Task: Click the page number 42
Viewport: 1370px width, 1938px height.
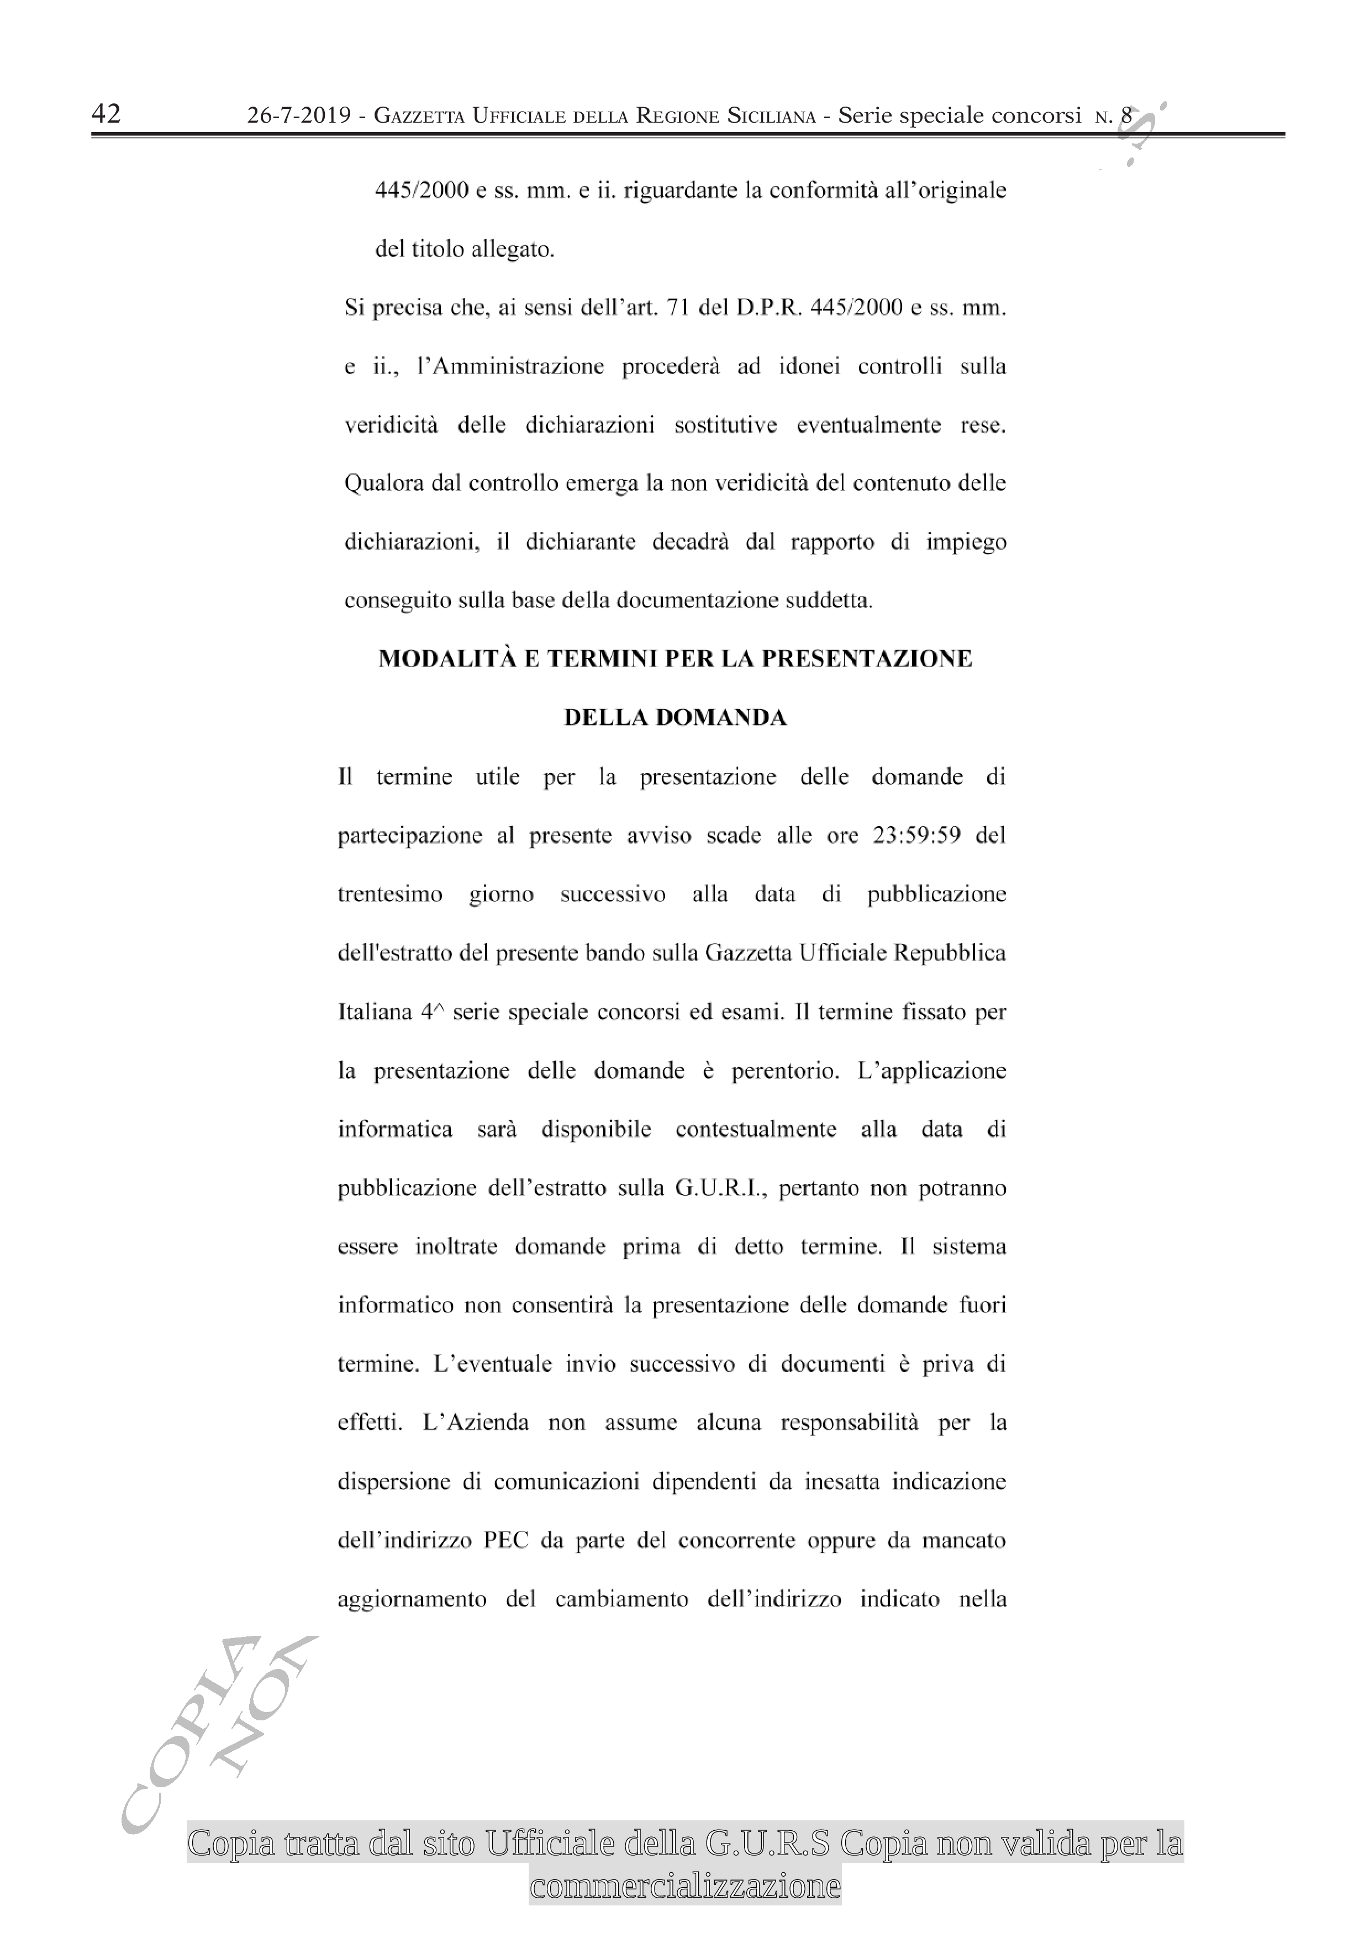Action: [107, 114]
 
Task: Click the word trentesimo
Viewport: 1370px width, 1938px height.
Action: [390, 895]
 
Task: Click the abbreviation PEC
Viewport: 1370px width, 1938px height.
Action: [505, 1540]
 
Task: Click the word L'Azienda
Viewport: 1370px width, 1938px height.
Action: [476, 1423]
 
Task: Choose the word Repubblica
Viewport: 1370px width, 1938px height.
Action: [949, 954]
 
